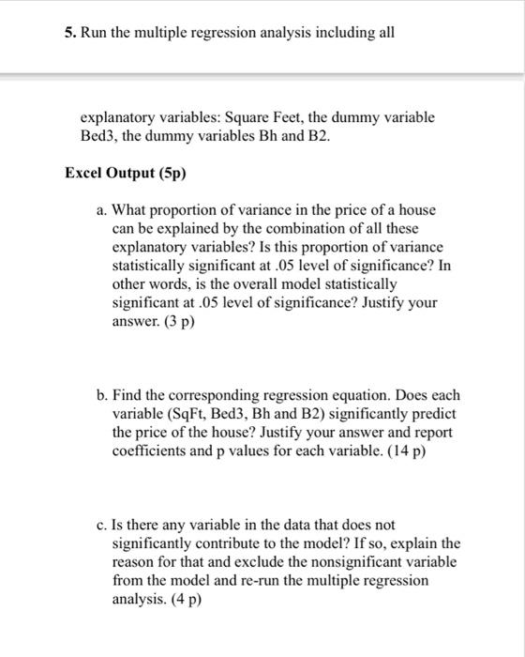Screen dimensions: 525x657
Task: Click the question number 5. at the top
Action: [x=71, y=33]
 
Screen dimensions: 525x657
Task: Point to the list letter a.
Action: [x=103, y=211]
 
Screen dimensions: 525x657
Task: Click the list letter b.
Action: [x=103, y=397]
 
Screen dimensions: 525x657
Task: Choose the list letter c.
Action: [x=103, y=526]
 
